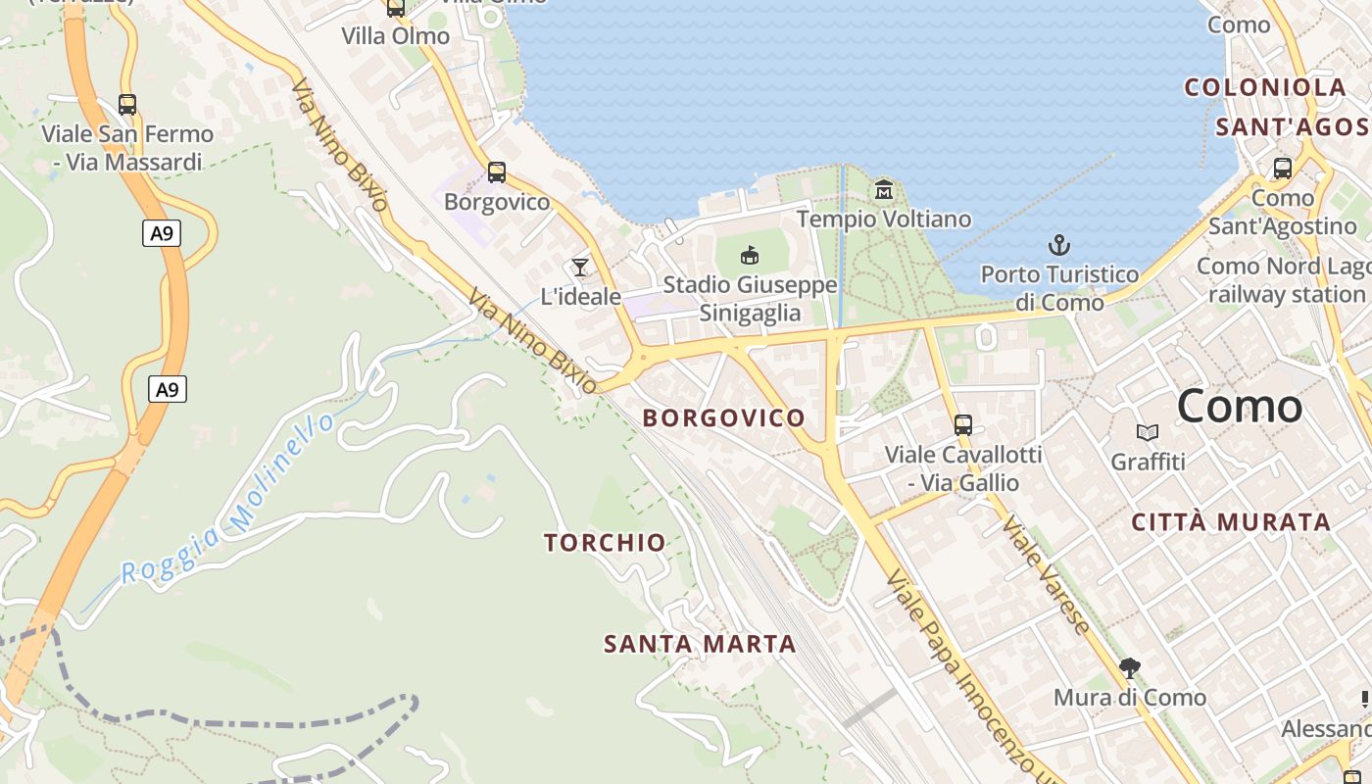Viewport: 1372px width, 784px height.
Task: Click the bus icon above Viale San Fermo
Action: point(126,105)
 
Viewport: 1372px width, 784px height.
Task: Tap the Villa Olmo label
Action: point(396,36)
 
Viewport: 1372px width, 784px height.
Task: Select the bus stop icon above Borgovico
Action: point(497,173)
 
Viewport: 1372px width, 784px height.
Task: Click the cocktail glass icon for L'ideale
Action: point(580,267)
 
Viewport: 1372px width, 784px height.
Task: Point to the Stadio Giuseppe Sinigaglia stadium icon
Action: point(750,255)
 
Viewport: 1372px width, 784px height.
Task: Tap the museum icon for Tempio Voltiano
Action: point(884,189)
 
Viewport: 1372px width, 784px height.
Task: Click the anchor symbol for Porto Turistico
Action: point(1059,245)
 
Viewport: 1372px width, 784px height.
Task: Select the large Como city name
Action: point(1239,406)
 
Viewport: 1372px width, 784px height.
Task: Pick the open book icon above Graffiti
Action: point(1148,432)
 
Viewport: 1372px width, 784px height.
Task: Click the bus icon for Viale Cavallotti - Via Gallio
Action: point(963,425)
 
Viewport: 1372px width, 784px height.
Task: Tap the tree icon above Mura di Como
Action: point(1130,668)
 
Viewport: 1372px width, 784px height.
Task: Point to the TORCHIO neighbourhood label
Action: point(605,542)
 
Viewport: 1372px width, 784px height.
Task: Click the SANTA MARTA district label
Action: point(700,644)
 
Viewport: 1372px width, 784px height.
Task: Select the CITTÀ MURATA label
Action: point(1231,522)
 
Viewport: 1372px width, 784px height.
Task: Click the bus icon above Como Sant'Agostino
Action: point(1283,169)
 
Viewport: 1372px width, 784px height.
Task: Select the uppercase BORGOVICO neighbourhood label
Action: point(723,417)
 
